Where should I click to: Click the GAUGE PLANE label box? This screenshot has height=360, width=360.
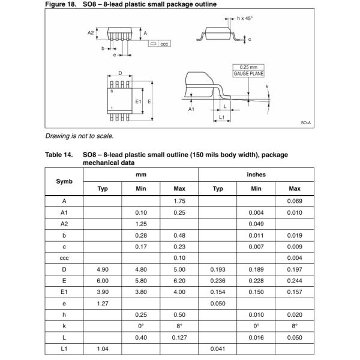pos(248,73)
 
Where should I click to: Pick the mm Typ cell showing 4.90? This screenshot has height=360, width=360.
pos(102,269)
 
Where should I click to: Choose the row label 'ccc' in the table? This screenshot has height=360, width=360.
pos(64,257)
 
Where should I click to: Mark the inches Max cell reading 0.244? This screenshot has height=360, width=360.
pos(294,280)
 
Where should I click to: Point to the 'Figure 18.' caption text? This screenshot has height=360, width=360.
pos(61,4)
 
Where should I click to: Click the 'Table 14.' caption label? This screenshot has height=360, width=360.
pos(60,154)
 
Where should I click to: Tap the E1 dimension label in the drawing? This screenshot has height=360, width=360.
pos(137,101)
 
